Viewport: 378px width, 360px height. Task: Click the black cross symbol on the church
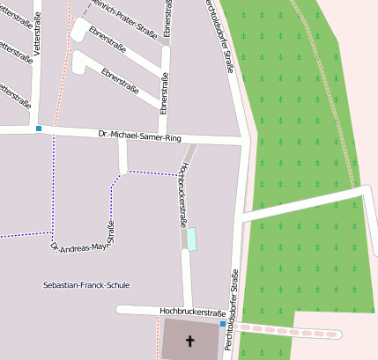coord(189,341)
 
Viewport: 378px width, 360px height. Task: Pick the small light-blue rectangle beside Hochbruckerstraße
coord(192,238)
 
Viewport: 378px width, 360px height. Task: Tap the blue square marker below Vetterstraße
coord(39,129)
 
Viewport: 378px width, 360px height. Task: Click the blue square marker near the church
coord(222,324)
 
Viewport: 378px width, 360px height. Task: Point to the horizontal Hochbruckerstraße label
coord(188,312)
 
